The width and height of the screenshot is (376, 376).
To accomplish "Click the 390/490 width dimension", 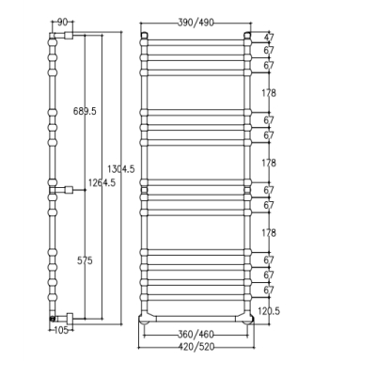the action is click(196, 23).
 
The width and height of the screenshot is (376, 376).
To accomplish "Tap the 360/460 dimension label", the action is click(196, 335).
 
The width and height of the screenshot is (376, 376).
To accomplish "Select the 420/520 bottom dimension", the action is click(196, 347).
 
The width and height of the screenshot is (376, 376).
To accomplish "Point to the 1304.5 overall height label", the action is click(121, 169).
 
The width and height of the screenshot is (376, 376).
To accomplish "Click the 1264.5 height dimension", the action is click(102, 182).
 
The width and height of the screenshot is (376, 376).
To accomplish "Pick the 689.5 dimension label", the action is click(85, 111).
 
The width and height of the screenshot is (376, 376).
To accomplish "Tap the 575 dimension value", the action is click(85, 260).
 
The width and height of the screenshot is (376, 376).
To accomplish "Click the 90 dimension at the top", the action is click(62, 23).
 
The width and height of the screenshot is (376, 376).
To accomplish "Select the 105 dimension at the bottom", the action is click(61, 330).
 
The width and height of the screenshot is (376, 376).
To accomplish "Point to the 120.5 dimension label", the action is click(269, 311).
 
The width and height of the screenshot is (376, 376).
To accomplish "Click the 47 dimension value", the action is click(269, 38).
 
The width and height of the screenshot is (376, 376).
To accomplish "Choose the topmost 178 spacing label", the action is click(269, 93).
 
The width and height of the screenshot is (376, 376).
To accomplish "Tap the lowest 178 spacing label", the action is click(269, 233).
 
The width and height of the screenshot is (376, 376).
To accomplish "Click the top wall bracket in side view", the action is click(69, 35).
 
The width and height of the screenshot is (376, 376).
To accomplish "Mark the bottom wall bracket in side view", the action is click(70, 319).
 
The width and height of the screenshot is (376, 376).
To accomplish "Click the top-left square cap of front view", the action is click(144, 35).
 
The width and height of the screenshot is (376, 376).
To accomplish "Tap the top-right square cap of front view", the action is click(247, 35).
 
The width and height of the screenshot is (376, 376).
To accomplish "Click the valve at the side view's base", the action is click(53, 319).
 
